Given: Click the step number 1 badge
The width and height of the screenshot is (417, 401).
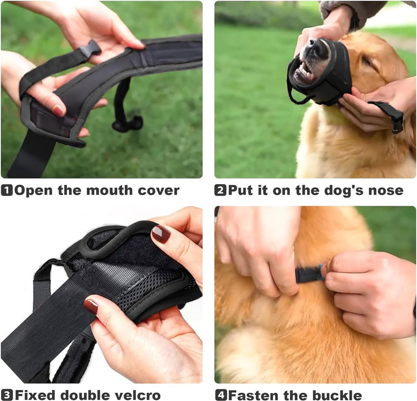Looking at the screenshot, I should click(7, 190).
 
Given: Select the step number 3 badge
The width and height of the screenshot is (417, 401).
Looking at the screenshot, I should click(7, 395).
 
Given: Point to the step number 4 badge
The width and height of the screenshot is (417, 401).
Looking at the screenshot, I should click(221, 395).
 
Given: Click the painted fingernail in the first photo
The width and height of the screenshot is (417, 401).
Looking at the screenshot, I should click(59, 110).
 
